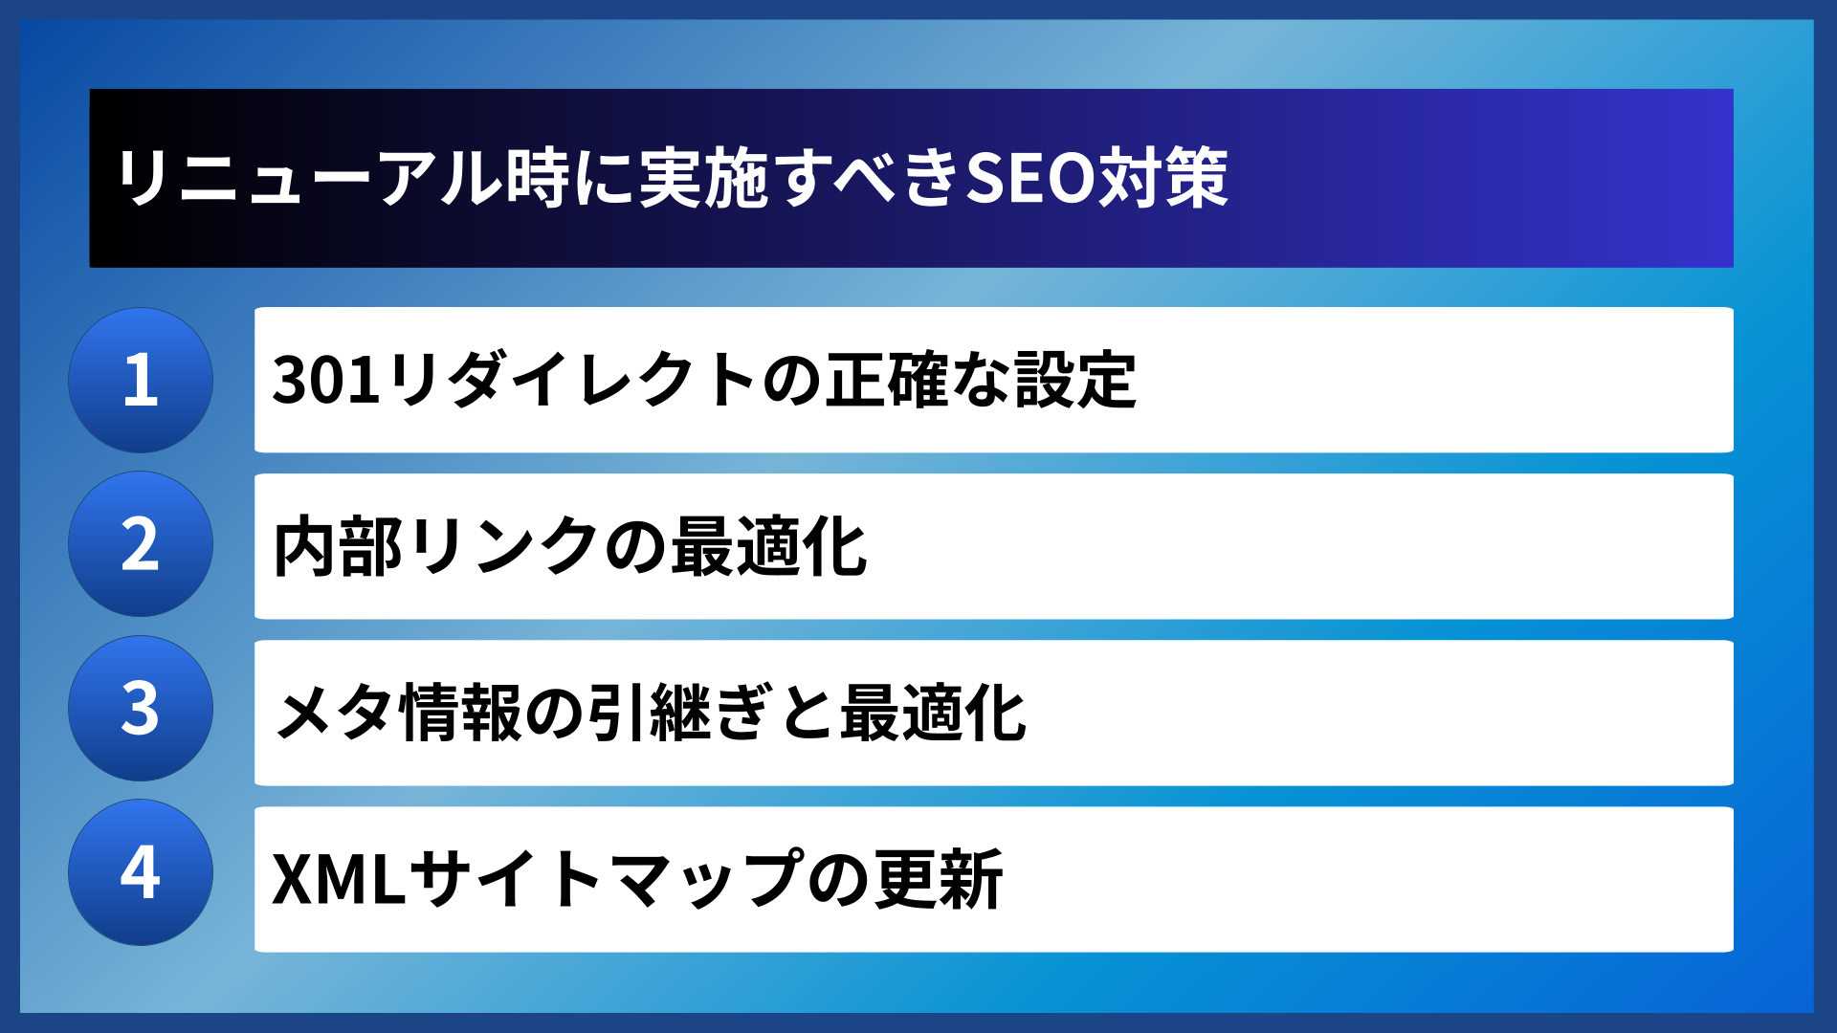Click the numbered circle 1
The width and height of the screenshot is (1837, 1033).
click(x=141, y=380)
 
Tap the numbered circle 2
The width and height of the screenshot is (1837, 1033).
click(x=141, y=544)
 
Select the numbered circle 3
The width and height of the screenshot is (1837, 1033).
click(x=141, y=709)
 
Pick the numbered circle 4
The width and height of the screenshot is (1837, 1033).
click(x=141, y=872)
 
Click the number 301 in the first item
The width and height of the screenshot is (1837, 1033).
click(x=326, y=381)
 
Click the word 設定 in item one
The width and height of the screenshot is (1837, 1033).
click(x=1075, y=381)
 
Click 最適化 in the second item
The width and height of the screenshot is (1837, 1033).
click(x=769, y=547)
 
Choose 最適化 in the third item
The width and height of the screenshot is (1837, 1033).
click(x=933, y=714)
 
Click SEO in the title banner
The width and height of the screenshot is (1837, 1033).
click(x=1029, y=179)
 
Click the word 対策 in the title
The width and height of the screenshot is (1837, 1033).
click(x=1162, y=179)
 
